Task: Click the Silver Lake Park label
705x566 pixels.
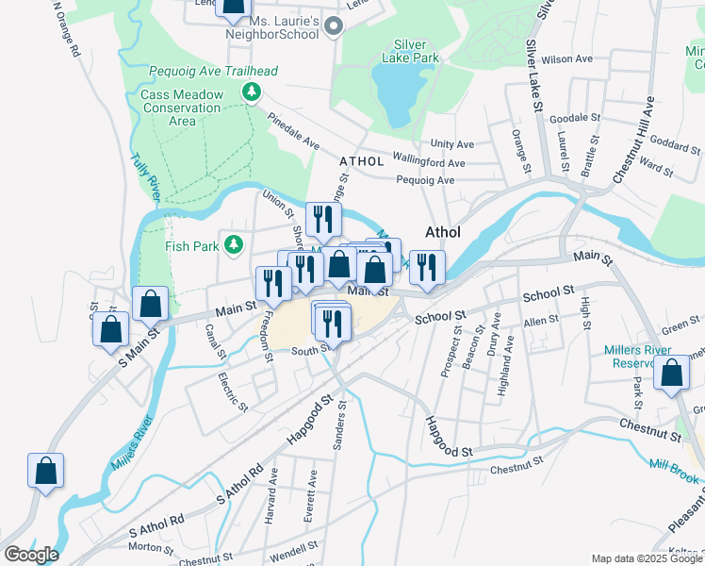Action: point(410,51)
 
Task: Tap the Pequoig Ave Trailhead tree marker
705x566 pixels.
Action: point(251,92)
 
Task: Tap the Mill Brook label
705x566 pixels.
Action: point(674,471)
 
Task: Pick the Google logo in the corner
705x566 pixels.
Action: point(31,555)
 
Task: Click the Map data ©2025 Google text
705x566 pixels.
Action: point(647,558)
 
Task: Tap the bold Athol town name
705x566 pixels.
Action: point(443,232)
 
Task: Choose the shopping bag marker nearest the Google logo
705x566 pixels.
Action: point(45,473)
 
